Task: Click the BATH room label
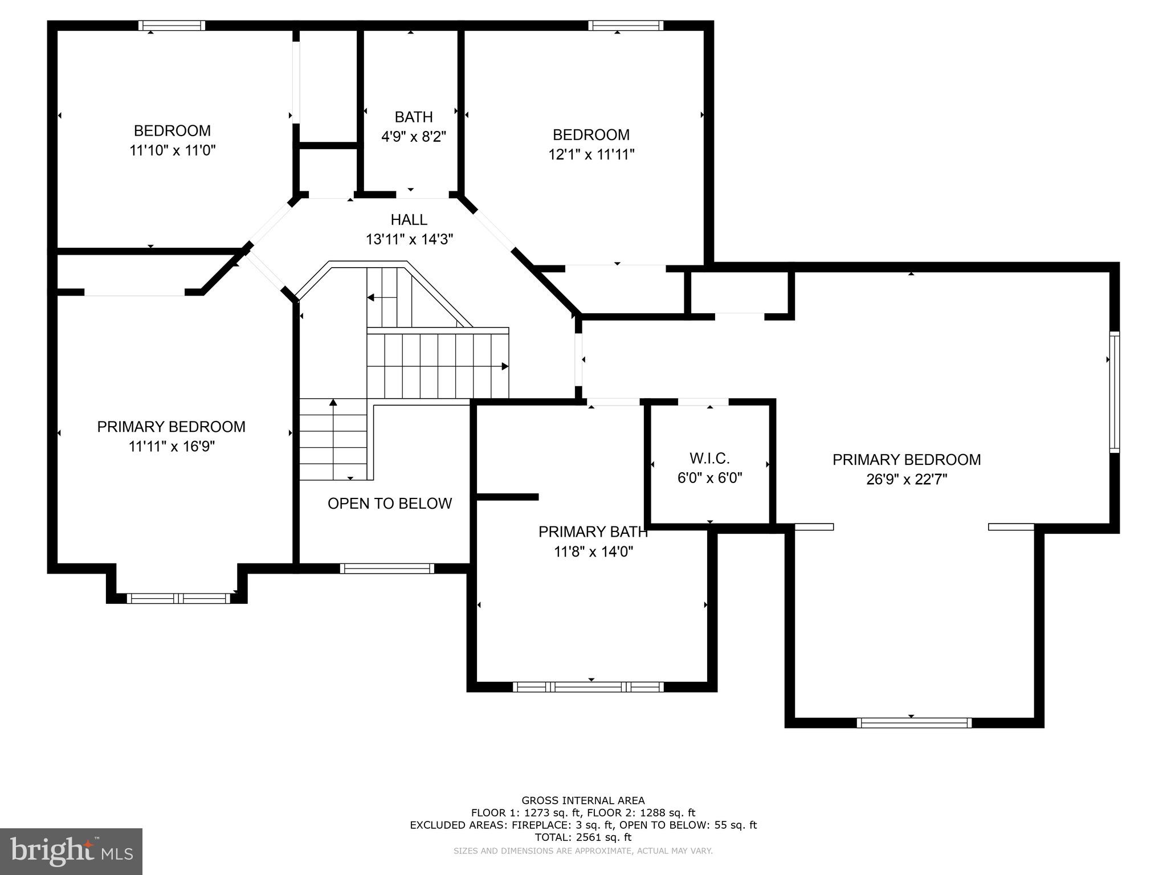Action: [414, 117]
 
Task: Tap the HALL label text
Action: [409, 219]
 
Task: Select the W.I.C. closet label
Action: [709, 458]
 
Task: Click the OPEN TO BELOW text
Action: [390, 503]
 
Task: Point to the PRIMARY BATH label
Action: [593, 531]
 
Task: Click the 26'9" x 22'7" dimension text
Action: [907, 479]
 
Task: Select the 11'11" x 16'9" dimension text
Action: [172, 446]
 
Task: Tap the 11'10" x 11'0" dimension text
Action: [173, 150]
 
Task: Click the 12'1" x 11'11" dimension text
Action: [591, 154]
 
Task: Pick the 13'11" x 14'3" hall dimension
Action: [409, 239]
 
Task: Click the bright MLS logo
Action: [71, 851]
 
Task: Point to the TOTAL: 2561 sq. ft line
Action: [583, 837]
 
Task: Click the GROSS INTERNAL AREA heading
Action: [583, 800]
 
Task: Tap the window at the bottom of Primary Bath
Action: [588, 687]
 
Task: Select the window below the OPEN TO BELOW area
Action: [387, 568]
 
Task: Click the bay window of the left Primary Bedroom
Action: [178, 598]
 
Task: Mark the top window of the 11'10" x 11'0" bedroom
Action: [172, 26]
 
